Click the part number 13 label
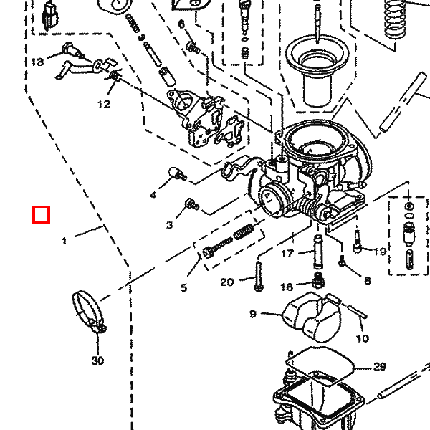(x=37, y=62)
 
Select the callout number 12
(x=104, y=104)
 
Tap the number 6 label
(x=181, y=24)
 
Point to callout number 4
(x=153, y=195)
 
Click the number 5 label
(x=183, y=287)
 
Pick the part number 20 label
(x=226, y=282)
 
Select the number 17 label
(x=287, y=254)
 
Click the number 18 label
(x=286, y=287)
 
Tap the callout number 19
(x=380, y=252)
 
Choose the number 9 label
(x=253, y=314)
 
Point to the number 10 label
(x=363, y=339)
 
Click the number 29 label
(x=379, y=367)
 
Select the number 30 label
(x=97, y=360)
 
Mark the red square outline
(x=41, y=214)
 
